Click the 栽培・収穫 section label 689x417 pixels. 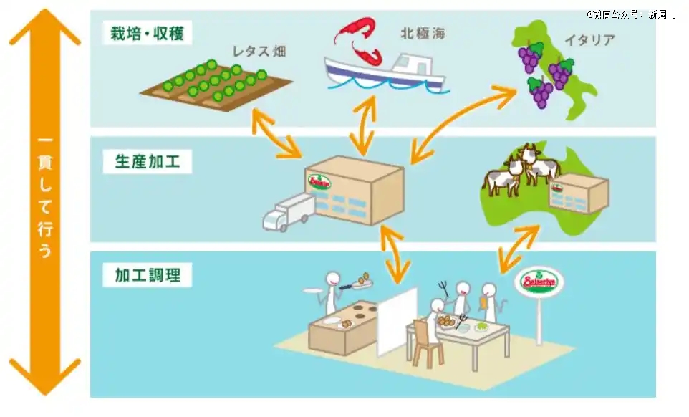(x=146, y=33)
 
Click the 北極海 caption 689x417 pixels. (x=422, y=33)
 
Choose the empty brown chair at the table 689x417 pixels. (x=428, y=343)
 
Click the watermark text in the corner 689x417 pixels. (x=631, y=14)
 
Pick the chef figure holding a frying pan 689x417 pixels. (x=334, y=289)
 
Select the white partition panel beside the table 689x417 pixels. (x=397, y=322)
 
